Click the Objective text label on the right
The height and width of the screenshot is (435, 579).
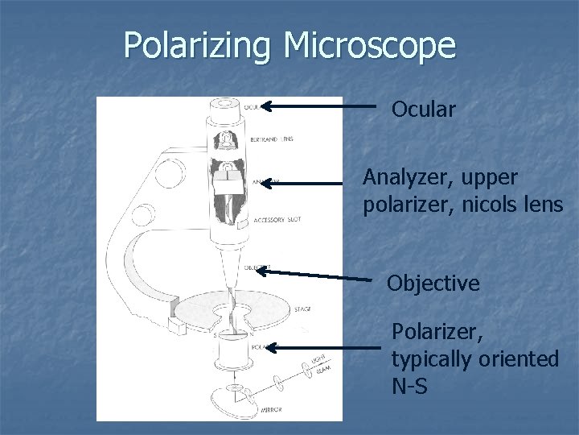433,284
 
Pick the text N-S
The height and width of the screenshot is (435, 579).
410,387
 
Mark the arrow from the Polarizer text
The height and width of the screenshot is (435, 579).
322,348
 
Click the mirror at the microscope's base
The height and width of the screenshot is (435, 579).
232,397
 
